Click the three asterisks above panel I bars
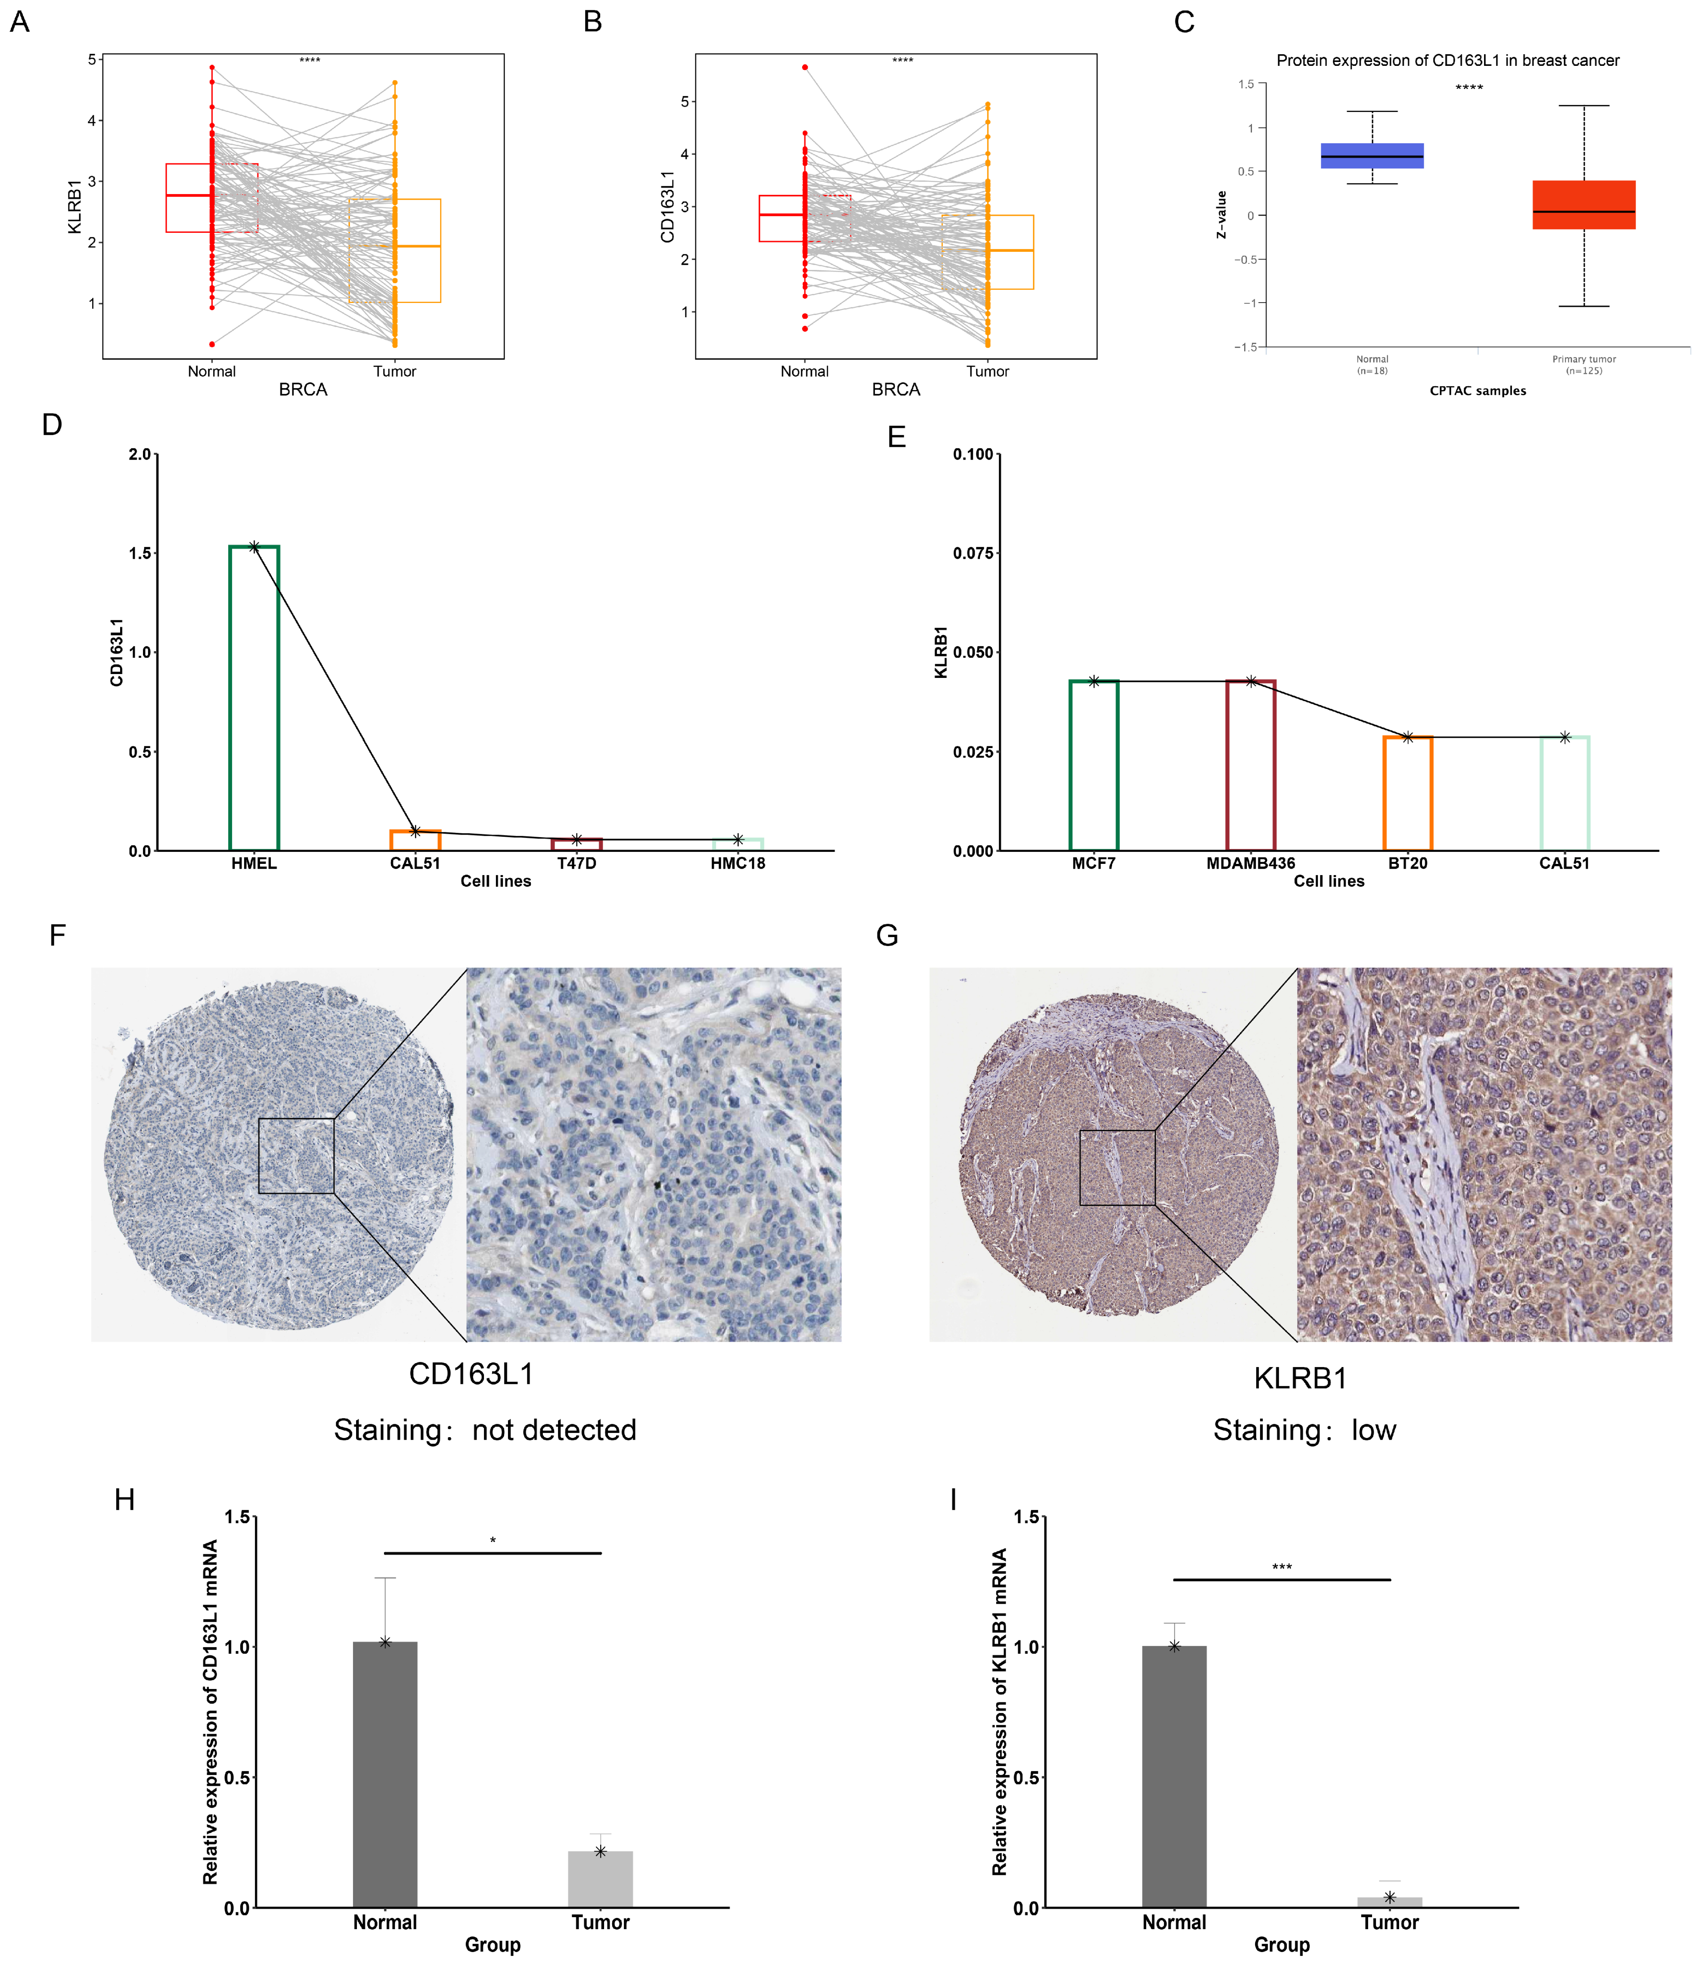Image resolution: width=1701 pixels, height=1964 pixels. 1281,1568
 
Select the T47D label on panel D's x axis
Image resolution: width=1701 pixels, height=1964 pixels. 576,863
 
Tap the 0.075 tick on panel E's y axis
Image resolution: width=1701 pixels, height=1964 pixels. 973,553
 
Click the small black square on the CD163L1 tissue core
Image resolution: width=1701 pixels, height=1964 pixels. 296,1156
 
